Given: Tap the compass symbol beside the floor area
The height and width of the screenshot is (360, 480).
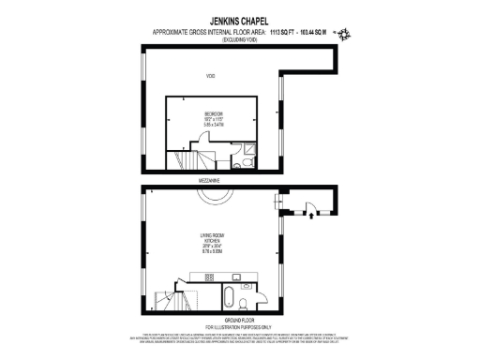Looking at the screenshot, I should (x=344, y=34).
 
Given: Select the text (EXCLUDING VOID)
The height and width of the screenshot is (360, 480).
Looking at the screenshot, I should (x=240, y=41).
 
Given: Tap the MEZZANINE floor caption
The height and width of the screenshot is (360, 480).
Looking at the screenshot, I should (x=210, y=178).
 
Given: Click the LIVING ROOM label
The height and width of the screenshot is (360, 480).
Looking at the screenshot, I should (x=210, y=235).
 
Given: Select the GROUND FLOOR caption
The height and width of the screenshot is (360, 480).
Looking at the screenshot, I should (x=239, y=319).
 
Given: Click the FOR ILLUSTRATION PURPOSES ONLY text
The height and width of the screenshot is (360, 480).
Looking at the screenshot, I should (x=239, y=325).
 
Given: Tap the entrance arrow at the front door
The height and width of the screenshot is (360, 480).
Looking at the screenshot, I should (x=310, y=218).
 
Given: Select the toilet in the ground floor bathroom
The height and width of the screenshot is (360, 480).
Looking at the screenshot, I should (x=243, y=302).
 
